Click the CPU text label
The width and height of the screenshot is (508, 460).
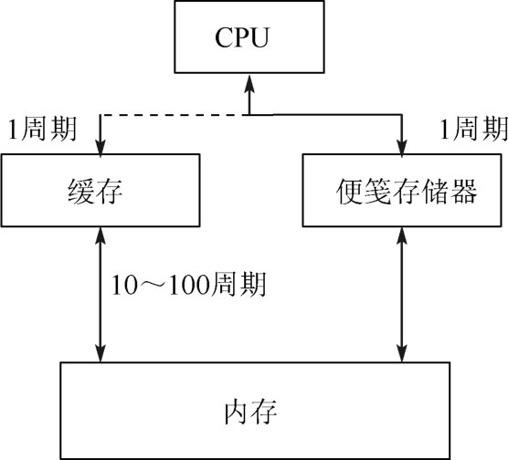click(x=242, y=37)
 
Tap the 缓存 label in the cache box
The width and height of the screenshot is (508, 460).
click(x=95, y=191)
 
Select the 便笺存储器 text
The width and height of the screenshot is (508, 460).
click(x=407, y=191)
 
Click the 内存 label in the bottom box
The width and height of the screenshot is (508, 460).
click(x=250, y=412)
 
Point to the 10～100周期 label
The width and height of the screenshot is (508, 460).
click(x=189, y=284)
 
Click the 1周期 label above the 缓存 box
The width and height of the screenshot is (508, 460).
click(x=42, y=129)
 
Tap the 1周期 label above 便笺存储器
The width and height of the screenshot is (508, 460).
click(x=473, y=129)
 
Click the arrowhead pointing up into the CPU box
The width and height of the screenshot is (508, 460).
click(x=249, y=84)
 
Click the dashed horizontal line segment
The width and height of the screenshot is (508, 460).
click(x=175, y=115)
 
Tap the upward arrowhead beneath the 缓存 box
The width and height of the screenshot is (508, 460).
click(x=101, y=235)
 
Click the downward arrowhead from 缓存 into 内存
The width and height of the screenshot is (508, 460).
click(x=101, y=353)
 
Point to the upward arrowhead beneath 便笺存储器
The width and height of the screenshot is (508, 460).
click(x=402, y=235)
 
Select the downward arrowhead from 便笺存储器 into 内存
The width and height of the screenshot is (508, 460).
click(x=402, y=353)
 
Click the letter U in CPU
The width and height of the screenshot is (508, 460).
click(x=259, y=37)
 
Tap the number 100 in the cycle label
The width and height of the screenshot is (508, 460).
click(x=189, y=285)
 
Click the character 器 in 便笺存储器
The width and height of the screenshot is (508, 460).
click(x=463, y=191)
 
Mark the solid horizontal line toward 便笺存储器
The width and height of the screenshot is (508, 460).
click(x=325, y=115)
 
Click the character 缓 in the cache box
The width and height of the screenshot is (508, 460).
click(x=81, y=191)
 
